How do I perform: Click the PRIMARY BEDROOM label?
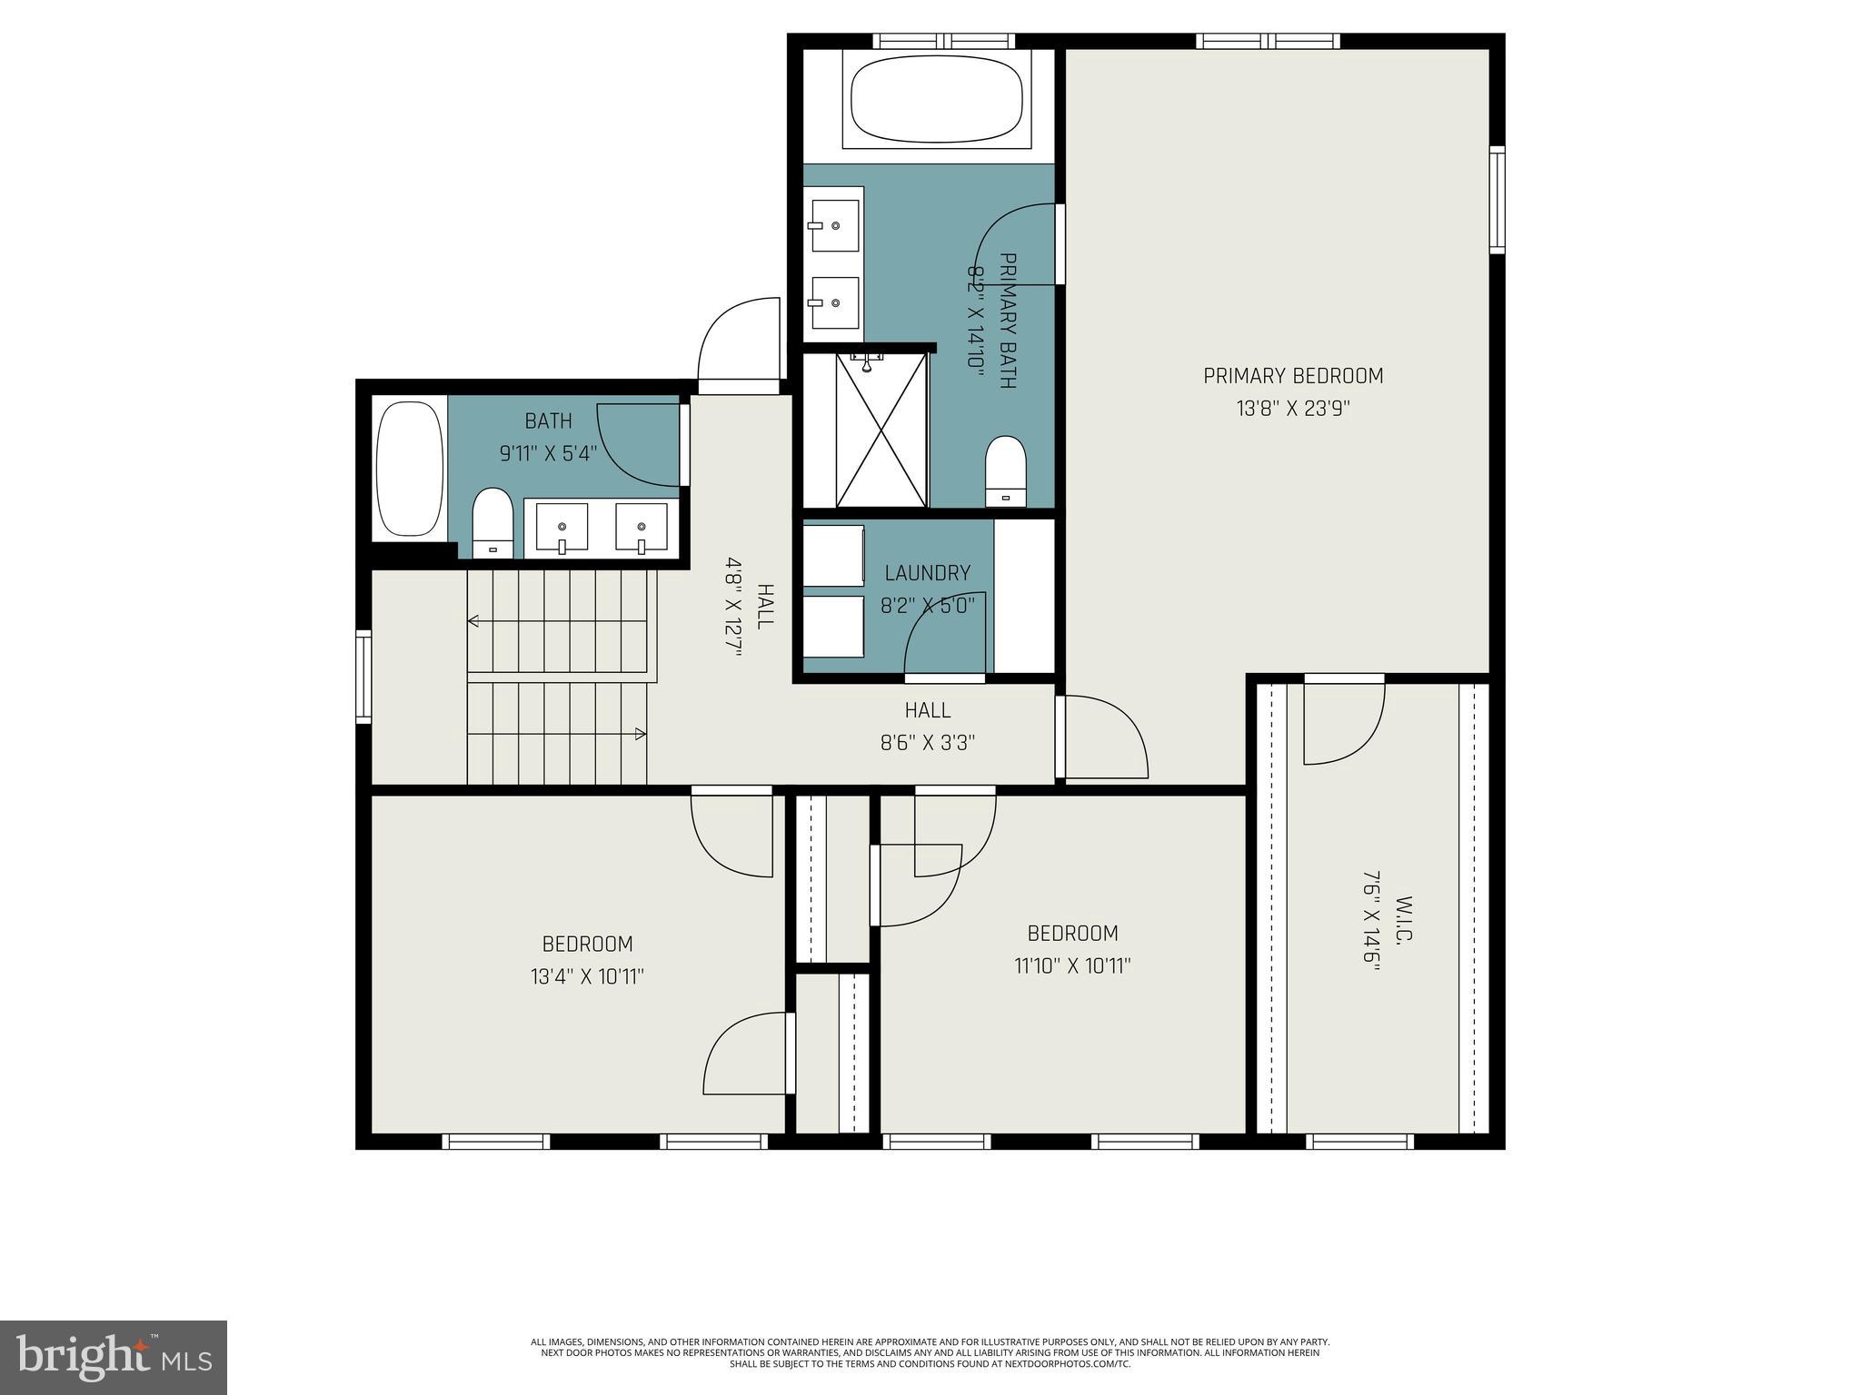(x=1292, y=376)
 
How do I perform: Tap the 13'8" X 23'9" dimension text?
(x=1292, y=409)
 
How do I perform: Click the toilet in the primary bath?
(x=1005, y=471)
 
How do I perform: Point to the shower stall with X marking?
(x=881, y=430)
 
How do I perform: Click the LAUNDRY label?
(x=927, y=573)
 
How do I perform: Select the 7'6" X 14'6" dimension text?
(x=1370, y=935)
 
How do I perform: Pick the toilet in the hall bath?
(x=493, y=523)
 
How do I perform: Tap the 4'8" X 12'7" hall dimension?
(x=733, y=607)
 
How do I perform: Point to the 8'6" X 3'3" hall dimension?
(x=927, y=743)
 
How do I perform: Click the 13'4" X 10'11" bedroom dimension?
(x=587, y=977)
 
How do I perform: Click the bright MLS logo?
(x=114, y=1357)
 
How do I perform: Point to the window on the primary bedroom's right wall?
(x=1497, y=200)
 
